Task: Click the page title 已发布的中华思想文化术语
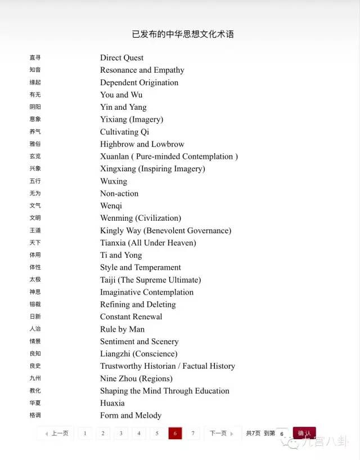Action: [x=183, y=34]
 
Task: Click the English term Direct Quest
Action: [x=121, y=57]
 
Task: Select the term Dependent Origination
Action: [x=139, y=82]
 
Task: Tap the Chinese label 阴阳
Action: [x=35, y=107]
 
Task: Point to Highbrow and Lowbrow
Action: [x=142, y=144]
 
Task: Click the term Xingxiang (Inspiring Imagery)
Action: [x=152, y=169]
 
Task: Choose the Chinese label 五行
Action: [x=35, y=181]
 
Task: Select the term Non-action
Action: [x=119, y=194]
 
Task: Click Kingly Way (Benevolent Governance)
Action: [x=165, y=230]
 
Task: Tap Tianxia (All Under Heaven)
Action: [x=148, y=243]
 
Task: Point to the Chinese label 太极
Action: [x=35, y=280]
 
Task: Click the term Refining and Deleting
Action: [x=138, y=305]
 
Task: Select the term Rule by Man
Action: [x=122, y=329]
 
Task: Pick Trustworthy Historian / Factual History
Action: [x=168, y=366]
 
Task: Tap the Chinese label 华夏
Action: [x=35, y=403]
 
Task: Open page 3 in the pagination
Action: [x=120, y=434]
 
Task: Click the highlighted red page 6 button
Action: [x=175, y=434]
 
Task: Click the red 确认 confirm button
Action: [x=304, y=434]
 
